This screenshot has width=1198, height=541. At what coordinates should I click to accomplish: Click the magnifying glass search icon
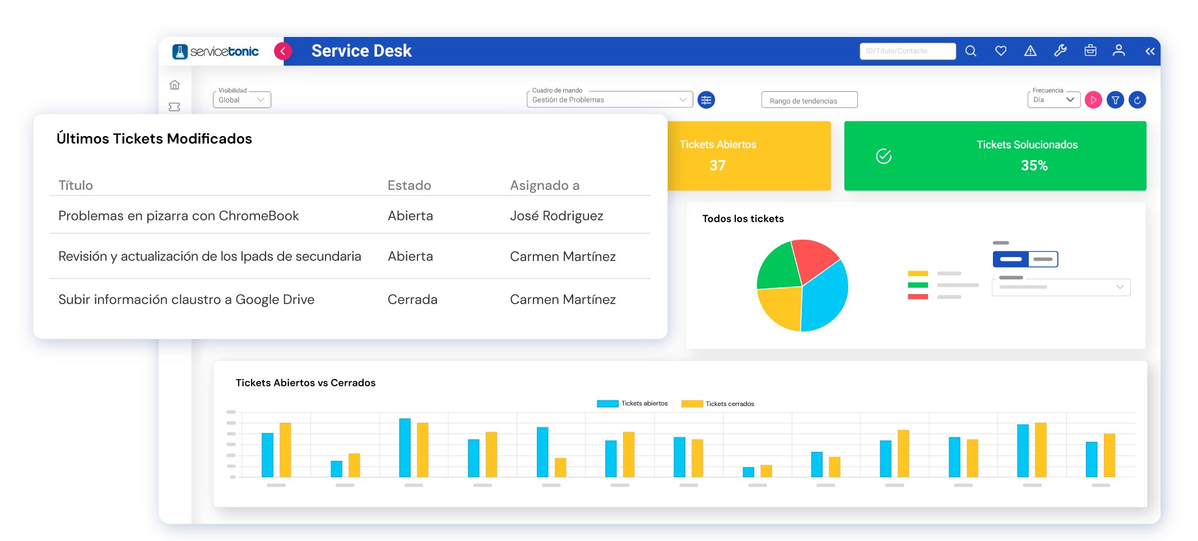(x=971, y=51)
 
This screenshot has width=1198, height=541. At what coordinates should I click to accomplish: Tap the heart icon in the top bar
(x=1001, y=51)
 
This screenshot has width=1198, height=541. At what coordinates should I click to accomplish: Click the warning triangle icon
(x=1030, y=51)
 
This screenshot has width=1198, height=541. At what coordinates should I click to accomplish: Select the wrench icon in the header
(x=1060, y=51)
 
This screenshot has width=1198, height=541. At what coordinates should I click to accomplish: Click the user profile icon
(x=1118, y=51)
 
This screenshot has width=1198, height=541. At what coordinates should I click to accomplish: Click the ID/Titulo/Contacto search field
(x=907, y=51)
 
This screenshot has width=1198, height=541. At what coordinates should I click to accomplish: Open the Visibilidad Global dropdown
(x=242, y=100)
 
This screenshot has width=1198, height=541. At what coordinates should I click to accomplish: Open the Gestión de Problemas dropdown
(x=609, y=100)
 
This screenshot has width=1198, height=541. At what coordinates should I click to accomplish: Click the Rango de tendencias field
(x=809, y=100)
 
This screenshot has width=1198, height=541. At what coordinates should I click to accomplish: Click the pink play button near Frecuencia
(x=1093, y=100)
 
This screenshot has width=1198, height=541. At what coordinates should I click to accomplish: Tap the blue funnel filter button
(x=1115, y=100)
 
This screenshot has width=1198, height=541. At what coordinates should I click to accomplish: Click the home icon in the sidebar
(x=175, y=85)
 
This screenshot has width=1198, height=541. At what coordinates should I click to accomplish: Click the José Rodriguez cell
(x=556, y=216)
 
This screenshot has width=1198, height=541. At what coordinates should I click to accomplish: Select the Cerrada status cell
(x=412, y=300)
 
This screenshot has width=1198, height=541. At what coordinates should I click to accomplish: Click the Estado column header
(x=409, y=185)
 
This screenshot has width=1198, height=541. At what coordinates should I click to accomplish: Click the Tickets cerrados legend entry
(x=718, y=404)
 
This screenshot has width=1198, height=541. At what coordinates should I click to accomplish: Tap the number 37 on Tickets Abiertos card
(x=717, y=166)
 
